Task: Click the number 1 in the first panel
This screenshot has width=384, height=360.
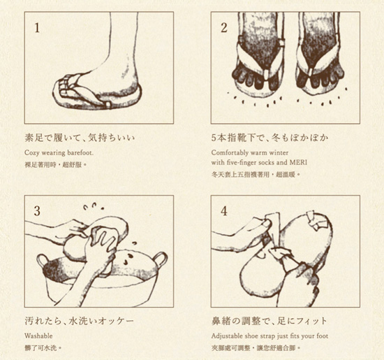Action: (x=37, y=28)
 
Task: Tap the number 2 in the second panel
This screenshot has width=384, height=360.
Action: (x=224, y=28)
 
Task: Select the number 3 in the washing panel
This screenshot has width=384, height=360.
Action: (x=37, y=211)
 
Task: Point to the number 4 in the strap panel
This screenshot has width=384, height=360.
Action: (x=224, y=211)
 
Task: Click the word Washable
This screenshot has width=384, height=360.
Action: (x=38, y=336)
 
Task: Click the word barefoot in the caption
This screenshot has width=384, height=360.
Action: (x=80, y=153)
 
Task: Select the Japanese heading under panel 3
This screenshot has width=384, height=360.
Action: (x=80, y=321)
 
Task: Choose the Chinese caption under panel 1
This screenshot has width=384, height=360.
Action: (x=56, y=164)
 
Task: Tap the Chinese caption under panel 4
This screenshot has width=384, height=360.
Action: (x=256, y=348)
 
